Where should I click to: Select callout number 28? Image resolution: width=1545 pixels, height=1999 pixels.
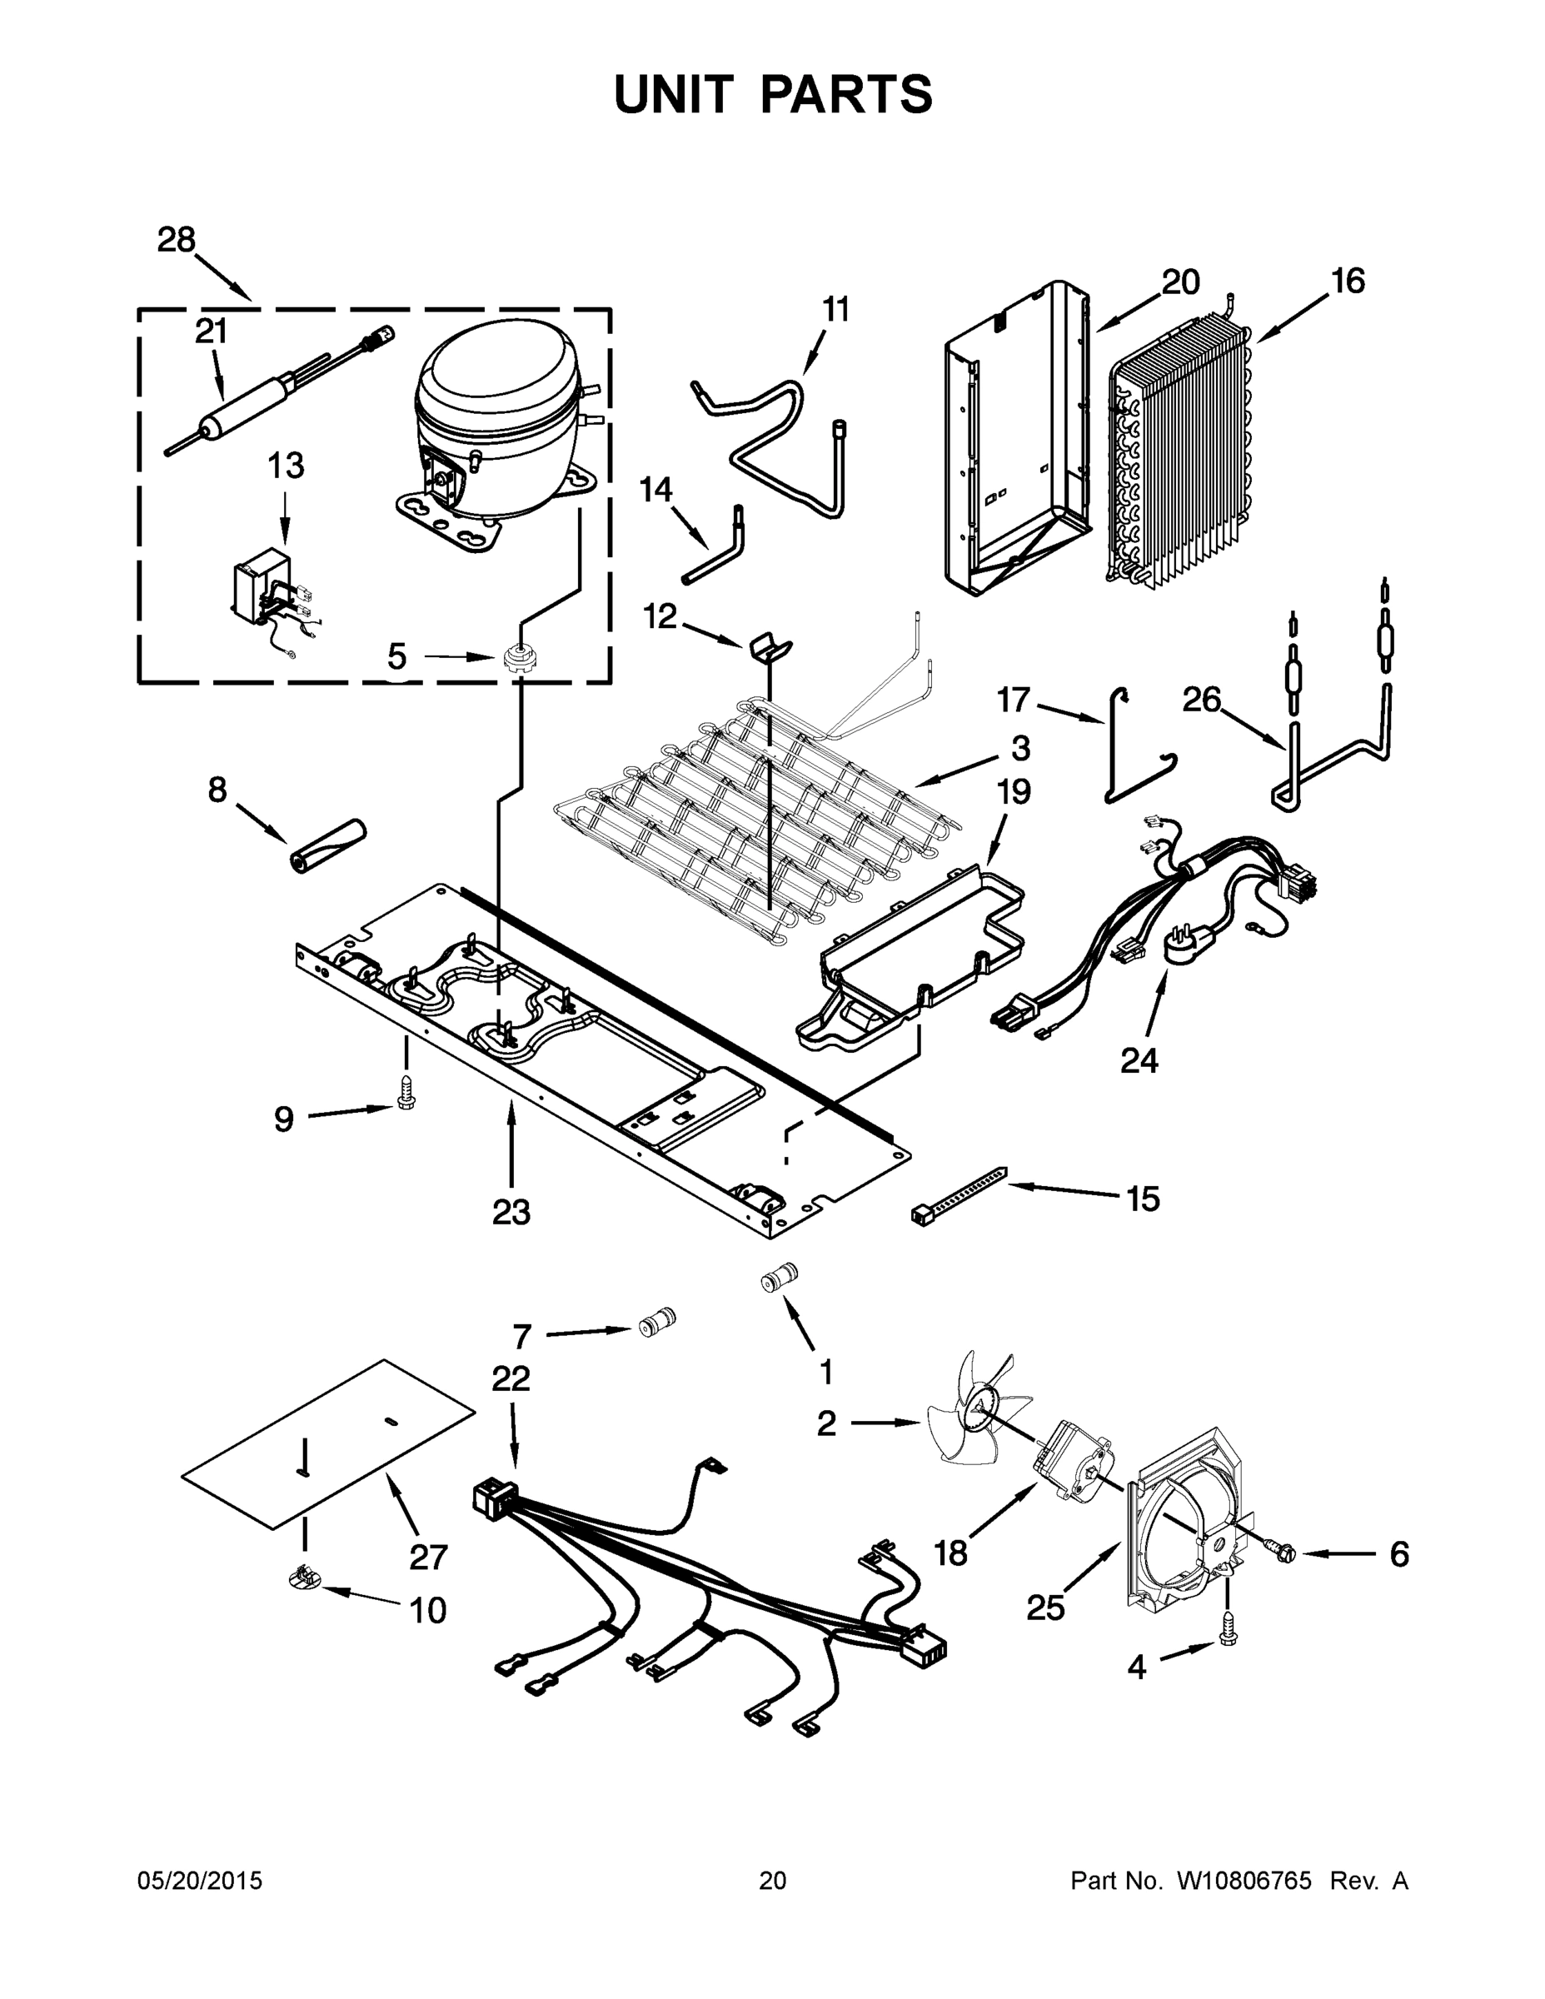click(176, 241)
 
